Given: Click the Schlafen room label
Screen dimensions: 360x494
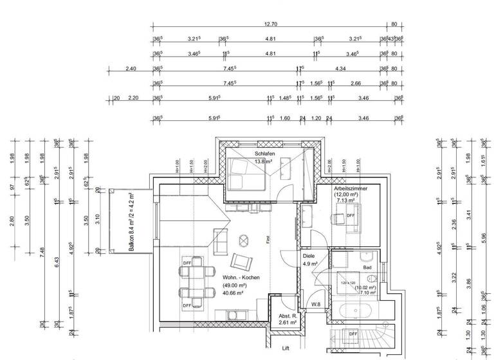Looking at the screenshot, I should coord(264,155).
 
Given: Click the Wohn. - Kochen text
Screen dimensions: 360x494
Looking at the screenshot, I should coord(242,277).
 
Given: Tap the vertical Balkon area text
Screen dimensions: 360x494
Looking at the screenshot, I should coord(132,220).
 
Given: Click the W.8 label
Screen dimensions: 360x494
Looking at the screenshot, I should coord(316,304).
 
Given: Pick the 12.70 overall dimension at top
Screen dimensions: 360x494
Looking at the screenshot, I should coord(270,24).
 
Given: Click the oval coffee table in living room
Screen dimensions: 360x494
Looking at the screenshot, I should coord(244,240).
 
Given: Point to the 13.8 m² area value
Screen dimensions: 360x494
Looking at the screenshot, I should coord(264,163).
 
